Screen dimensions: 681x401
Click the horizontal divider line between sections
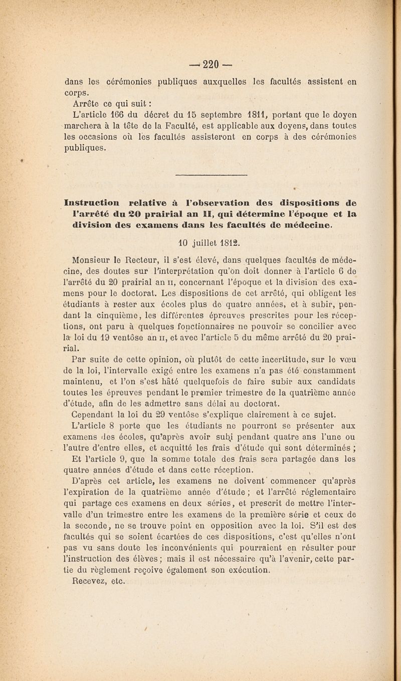pyautogui.click(x=200, y=176)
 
